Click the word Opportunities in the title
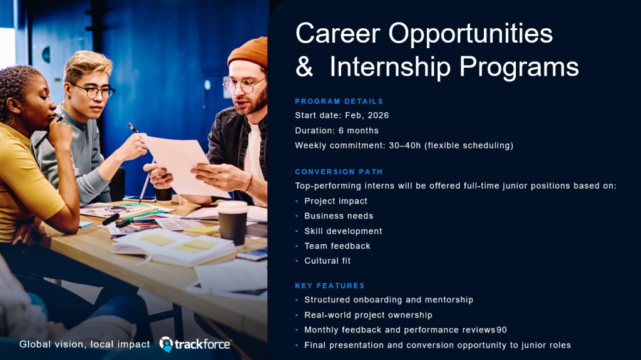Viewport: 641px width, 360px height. coord(470,34)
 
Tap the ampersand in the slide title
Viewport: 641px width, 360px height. coord(304,66)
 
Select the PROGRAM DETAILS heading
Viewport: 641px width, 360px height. coord(339,101)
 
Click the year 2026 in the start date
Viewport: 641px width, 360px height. coord(378,115)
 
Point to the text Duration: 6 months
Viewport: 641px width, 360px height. coord(337,130)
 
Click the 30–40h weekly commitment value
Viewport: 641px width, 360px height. coord(405,145)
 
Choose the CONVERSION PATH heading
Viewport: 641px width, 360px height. coord(339,172)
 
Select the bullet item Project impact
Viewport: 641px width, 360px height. coord(336,201)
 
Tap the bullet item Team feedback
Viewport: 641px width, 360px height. coord(337,246)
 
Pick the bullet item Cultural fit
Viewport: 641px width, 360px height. coord(327,260)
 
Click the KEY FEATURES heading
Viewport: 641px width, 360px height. coord(330,285)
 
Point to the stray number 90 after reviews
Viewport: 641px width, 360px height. coord(501,330)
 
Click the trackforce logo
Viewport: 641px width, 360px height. coord(195,344)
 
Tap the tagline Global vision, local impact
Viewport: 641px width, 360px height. coord(85,344)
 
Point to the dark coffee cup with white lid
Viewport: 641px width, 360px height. coord(233,222)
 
